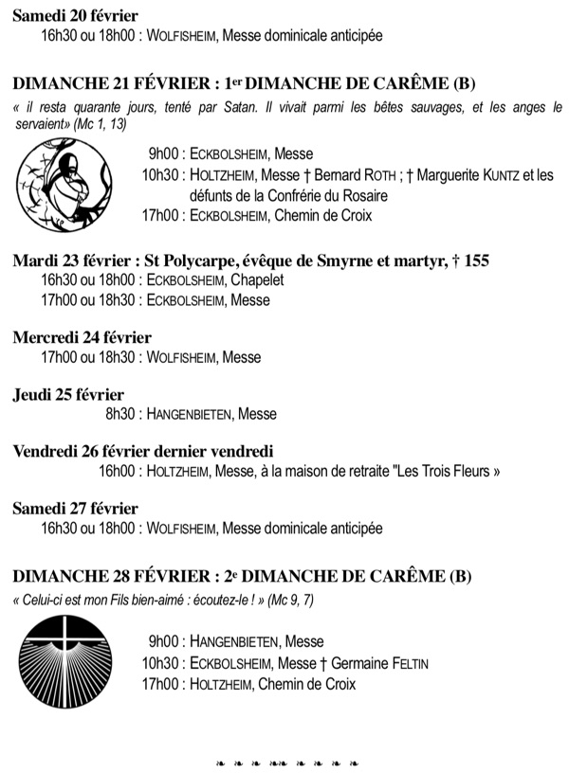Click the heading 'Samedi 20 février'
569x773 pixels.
[75, 16]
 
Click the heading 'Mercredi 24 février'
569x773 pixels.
[83, 337]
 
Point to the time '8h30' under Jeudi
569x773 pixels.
[120, 414]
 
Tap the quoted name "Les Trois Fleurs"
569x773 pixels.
[446, 472]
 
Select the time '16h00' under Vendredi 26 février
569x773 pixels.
[117, 472]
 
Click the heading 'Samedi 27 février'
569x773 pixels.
[75, 509]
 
